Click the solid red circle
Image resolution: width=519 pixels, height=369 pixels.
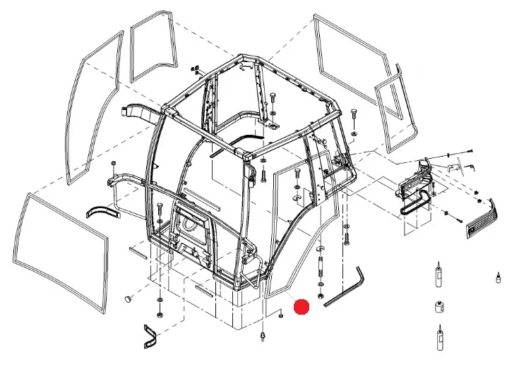[302, 308]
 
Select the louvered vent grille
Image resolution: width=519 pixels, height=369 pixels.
[483, 217]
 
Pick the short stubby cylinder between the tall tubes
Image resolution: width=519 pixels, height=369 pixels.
[439, 308]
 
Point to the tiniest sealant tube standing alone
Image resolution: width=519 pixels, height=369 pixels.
[498, 276]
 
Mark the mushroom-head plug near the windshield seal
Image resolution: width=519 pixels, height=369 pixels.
[128, 299]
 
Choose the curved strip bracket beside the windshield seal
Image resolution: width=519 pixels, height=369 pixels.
[99, 211]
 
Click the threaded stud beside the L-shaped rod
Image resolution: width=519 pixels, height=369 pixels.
[323, 268]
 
